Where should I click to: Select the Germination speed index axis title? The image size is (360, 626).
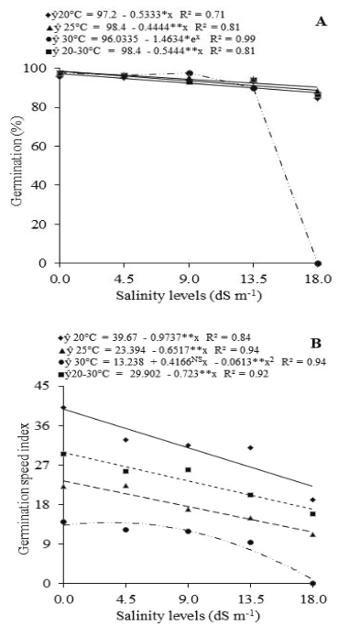(x=17, y=485)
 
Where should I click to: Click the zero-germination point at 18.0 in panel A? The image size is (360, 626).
(x=316, y=263)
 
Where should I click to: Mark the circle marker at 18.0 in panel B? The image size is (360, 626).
(x=314, y=583)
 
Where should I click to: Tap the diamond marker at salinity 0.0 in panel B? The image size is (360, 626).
(x=62, y=407)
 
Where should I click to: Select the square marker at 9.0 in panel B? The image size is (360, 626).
(x=188, y=469)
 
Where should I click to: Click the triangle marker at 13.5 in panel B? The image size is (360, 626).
(x=250, y=518)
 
